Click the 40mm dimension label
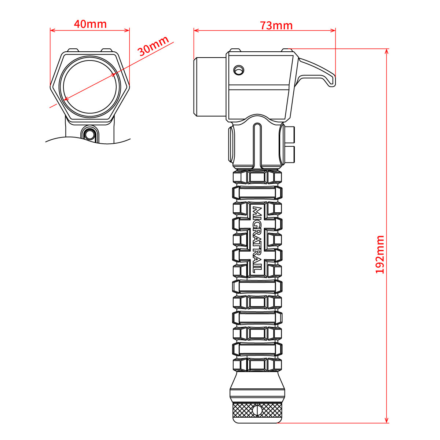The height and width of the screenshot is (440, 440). pos(90,24)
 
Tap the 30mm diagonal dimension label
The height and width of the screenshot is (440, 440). pos(153,46)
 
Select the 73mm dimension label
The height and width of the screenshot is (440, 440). pos(276,26)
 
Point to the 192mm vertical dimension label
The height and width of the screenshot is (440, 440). pos(380,254)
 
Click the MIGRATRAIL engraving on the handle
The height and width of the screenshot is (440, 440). pos(258,240)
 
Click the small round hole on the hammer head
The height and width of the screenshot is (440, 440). pos(239,70)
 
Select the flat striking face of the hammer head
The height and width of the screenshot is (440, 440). pos(195,87)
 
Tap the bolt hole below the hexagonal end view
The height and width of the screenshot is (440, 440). pos(89,134)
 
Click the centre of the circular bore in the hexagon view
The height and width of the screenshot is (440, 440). pos(90,87)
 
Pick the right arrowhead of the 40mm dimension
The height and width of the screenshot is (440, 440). pos(127,30)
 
